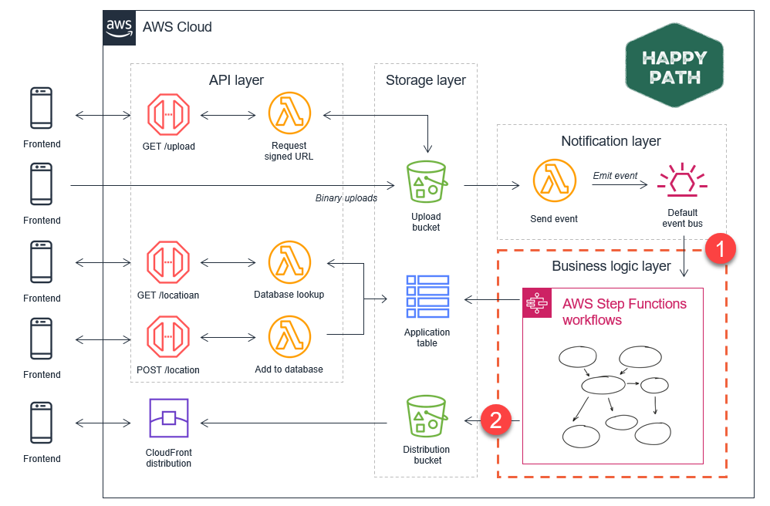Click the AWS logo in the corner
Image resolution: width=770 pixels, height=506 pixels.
point(120,28)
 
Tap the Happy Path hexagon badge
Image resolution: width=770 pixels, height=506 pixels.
point(674,66)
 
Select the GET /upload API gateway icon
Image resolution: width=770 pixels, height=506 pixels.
point(168,115)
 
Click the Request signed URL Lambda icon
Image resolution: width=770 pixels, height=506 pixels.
point(289,113)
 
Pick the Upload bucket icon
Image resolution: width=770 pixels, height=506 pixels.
point(427,181)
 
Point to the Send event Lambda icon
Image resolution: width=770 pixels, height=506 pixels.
point(555,180)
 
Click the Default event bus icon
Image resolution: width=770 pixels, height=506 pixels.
point(682,180)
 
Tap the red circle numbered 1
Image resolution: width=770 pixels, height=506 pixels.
point(721,249)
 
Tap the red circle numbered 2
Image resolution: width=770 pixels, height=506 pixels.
point(496,420)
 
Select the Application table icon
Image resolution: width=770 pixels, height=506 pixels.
point(427,296)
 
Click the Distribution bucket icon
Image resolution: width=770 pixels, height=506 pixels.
point(427,417)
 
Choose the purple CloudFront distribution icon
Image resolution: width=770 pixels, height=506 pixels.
point(169,418)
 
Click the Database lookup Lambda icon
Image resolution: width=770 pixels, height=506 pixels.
point(289,262)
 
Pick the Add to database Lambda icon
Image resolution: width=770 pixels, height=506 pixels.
point(289,336)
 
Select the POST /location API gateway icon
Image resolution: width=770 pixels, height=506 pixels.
point(168,336)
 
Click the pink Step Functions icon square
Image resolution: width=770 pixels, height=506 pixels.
point(537,303)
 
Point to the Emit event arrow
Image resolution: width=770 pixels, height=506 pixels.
point(620,185)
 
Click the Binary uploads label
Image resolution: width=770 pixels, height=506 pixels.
point(346,197)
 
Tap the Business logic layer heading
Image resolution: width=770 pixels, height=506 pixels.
point(611,266)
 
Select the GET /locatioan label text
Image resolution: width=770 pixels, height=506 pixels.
point(168,295)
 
